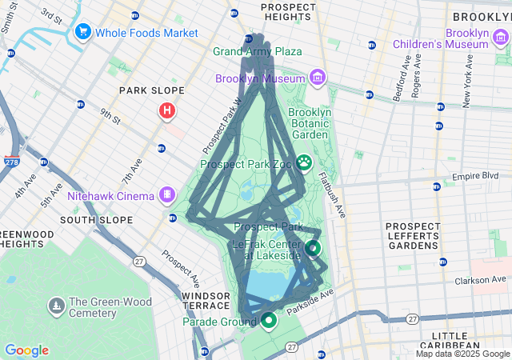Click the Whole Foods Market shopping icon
82,32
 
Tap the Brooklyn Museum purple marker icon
318,78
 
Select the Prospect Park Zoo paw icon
305,163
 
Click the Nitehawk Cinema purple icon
166,194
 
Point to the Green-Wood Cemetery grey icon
56,306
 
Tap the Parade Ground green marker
267,321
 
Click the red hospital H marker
166,110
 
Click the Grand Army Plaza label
257,51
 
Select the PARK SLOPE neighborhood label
152,90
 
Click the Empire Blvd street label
481,176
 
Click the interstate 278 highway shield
10,162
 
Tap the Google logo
27,350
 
